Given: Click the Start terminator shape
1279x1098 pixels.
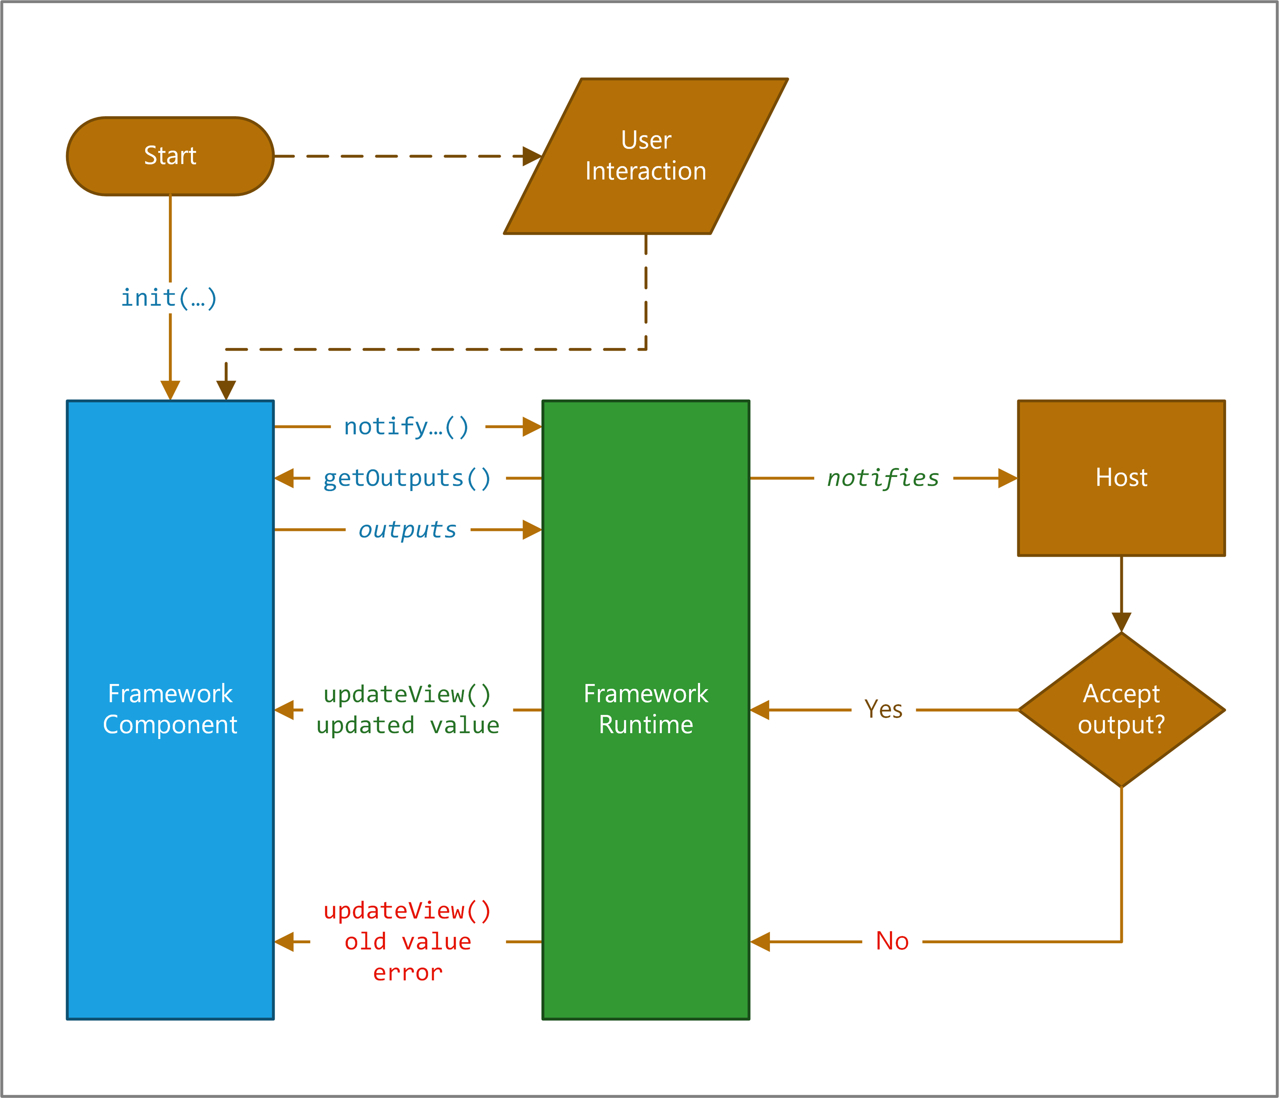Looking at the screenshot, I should [170, 156].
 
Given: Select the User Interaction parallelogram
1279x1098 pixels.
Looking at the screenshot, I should [646, 156].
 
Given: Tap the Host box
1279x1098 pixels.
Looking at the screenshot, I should [1121, 478].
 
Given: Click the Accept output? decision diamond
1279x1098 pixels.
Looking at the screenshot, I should [1121, 709].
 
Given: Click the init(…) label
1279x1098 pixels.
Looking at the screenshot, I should [169, 298].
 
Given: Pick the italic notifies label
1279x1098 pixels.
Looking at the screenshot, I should [883, 478].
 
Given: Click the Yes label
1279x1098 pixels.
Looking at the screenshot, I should [883, 709].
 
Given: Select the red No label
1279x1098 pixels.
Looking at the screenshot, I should [892, 941].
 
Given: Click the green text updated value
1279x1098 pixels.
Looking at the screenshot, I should [408, 725].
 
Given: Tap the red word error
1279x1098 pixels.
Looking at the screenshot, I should [408, 973].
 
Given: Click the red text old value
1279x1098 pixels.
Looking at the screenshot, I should [408, 942].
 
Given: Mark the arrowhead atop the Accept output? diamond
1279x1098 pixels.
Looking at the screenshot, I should [1121, 622].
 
